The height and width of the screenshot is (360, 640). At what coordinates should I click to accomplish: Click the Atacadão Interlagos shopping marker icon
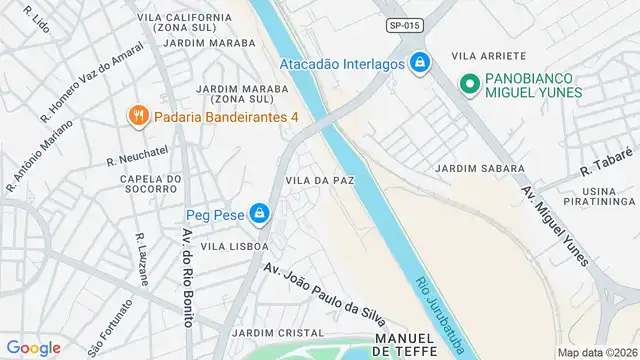point(420,63)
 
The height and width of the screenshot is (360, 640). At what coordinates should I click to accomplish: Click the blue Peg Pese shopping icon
point(260,213)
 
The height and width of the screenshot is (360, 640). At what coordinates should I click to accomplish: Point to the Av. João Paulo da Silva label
point(324,292)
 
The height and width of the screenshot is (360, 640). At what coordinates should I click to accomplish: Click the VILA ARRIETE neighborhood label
point(489,56)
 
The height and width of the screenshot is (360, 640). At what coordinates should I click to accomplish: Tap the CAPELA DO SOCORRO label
point(149,186)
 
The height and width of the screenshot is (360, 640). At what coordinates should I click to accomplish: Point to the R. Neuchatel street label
point(138,159)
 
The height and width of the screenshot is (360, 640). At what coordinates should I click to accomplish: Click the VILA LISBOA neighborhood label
point(234,245)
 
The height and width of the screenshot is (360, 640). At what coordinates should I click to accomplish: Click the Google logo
point(33,347)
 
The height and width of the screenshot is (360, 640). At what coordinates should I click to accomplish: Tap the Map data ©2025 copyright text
point(596,352)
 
